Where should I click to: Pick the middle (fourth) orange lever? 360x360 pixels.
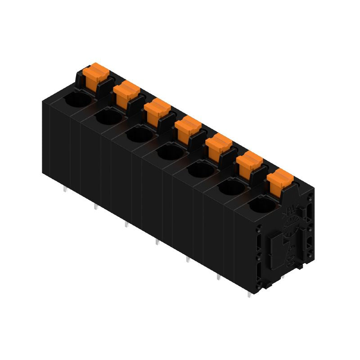pyautogui.click(x=188, y=127)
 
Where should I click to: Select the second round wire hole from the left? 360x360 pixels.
pyautogui.click(x=108, y=118)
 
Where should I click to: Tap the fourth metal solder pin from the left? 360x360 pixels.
pyautogui.click(x=157, y=242)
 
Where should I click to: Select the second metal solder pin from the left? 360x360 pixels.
pyautogui.click(x=95, y=207)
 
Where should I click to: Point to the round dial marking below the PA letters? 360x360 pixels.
pyautogui.click(x=290, y=225)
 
